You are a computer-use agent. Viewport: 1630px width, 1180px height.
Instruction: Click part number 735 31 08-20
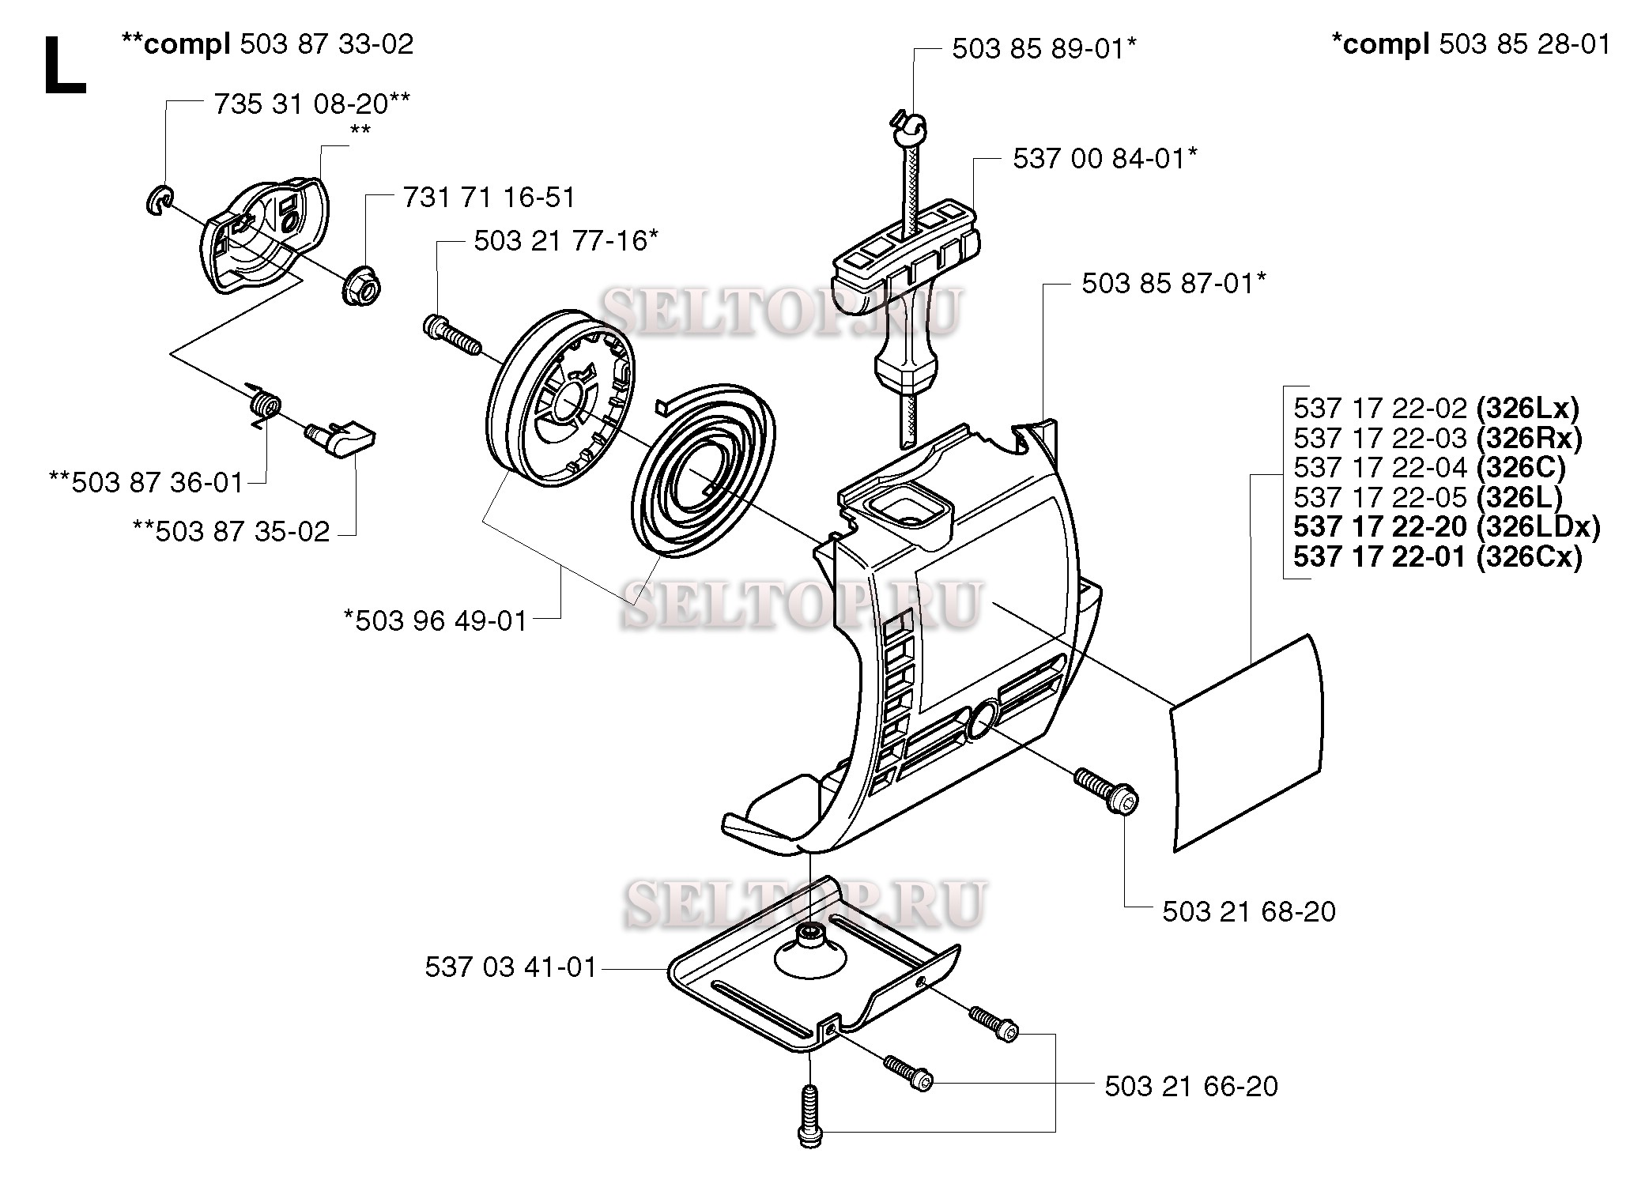(x=311, y=104)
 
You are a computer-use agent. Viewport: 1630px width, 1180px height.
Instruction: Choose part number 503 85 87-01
(x=1173, y=283)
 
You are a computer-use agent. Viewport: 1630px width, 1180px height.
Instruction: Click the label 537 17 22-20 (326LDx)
(x=1446, y=527)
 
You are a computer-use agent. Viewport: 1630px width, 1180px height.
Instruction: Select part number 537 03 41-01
(x=510, y=967)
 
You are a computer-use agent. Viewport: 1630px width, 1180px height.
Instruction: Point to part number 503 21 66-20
(x=1190, y=1086)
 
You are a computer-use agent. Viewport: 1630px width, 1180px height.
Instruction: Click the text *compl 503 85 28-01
(x=1470, y=44)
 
